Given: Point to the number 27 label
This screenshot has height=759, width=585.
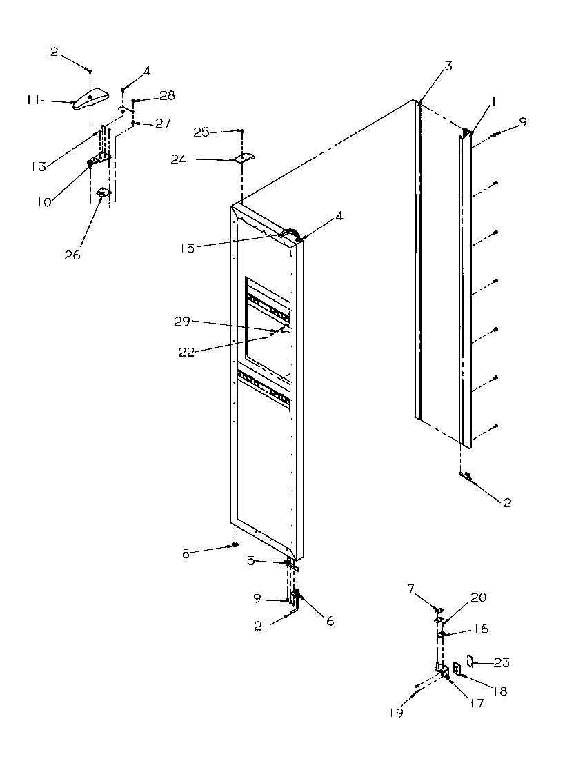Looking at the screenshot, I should tap(162, 124).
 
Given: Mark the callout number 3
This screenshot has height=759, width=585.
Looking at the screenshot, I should tap(448, 66).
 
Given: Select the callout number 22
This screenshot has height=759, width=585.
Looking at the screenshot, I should tap(187, 353).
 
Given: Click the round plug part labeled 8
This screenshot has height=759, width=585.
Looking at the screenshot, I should tap(235, 546).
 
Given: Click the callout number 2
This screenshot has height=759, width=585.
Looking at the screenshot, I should tap(506, 502).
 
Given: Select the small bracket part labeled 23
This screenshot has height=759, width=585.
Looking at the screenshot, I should tap(471, 662).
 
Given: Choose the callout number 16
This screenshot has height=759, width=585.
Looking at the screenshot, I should tap(481, 629).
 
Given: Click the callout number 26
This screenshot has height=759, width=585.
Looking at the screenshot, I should tap(72, 255).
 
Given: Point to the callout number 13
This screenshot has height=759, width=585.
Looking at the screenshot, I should tap(39, 166).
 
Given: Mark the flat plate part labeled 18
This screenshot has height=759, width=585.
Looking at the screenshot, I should tap(456, 670).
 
